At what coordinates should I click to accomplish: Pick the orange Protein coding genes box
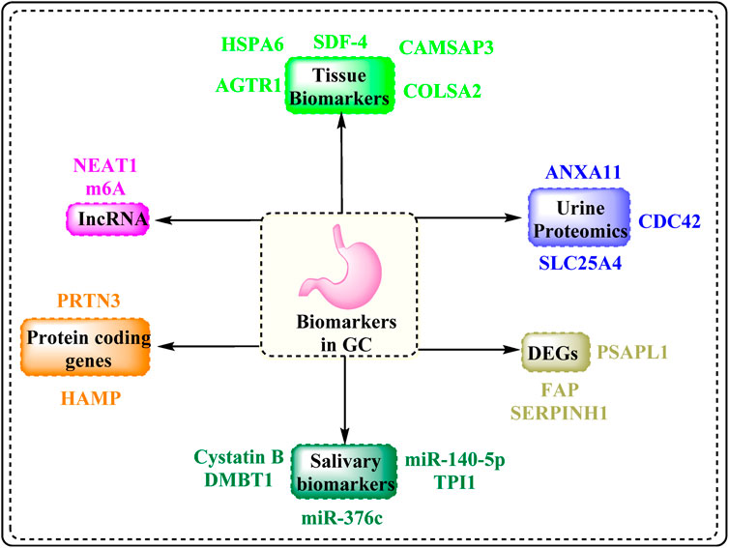(x=86, y=345)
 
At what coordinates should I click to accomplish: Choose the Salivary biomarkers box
(x=345, y=469)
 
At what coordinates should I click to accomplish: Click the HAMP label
(x=85, y=398)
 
